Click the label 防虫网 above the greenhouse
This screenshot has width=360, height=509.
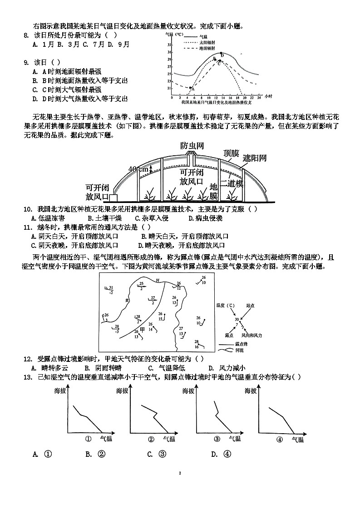(192, 146)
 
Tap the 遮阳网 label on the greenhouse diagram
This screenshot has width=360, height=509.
(255, 158)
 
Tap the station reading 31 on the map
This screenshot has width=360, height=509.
(111, 287)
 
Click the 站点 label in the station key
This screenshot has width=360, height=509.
(250, 306)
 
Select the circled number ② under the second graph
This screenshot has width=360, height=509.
(152, 439)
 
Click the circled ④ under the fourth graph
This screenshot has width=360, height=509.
(280, 439)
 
